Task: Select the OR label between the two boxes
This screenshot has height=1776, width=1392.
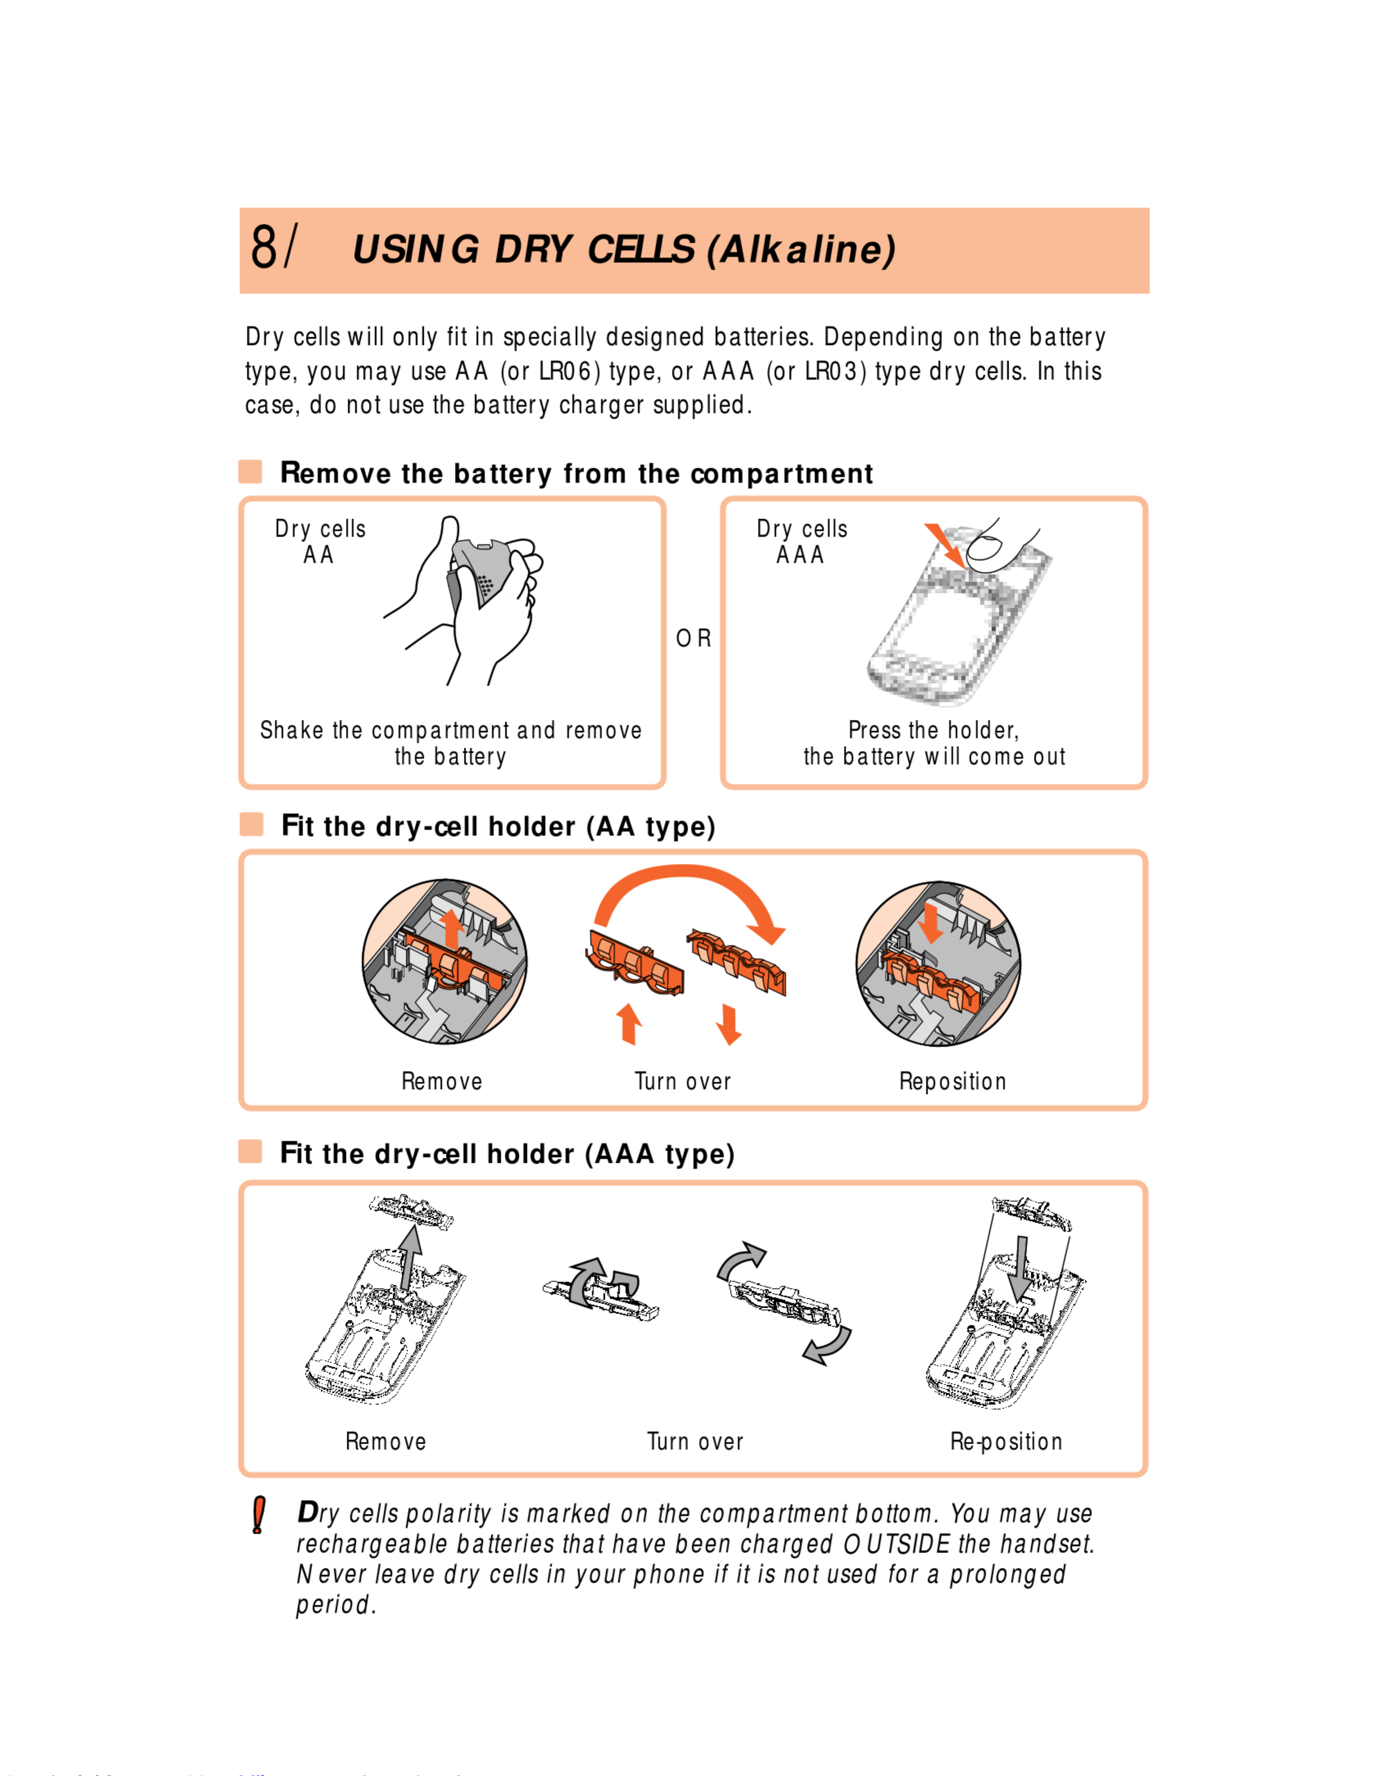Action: (694, 639)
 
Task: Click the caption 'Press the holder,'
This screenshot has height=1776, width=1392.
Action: (933, 730)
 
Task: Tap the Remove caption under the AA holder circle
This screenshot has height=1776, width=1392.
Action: (442, 1082)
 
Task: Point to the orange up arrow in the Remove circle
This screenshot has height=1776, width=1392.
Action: (451, 929)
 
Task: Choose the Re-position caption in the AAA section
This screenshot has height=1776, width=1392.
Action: (1006, 1442)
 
